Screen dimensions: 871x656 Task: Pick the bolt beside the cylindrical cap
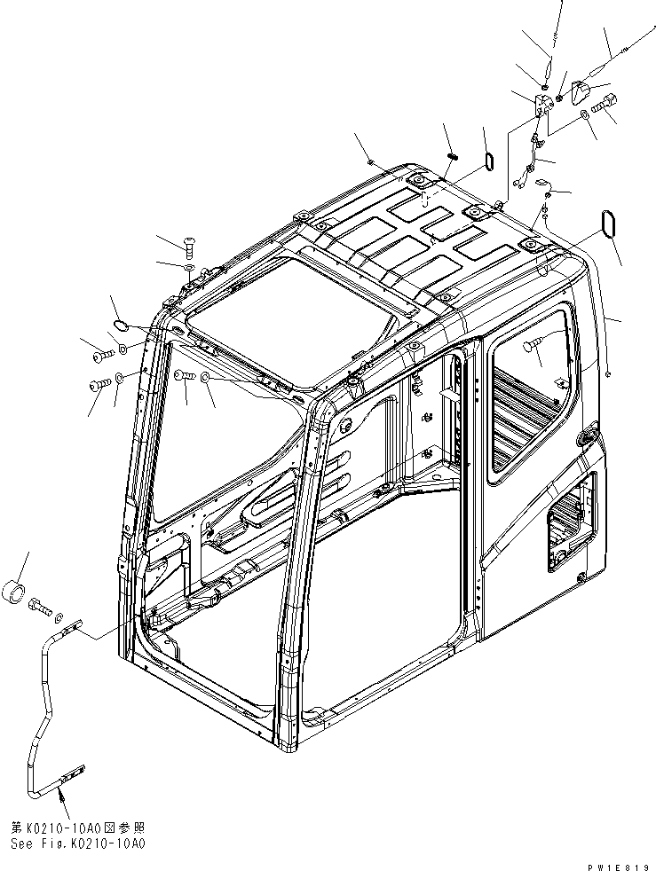pos(41,609)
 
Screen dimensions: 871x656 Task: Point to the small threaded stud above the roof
pos(451,157)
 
